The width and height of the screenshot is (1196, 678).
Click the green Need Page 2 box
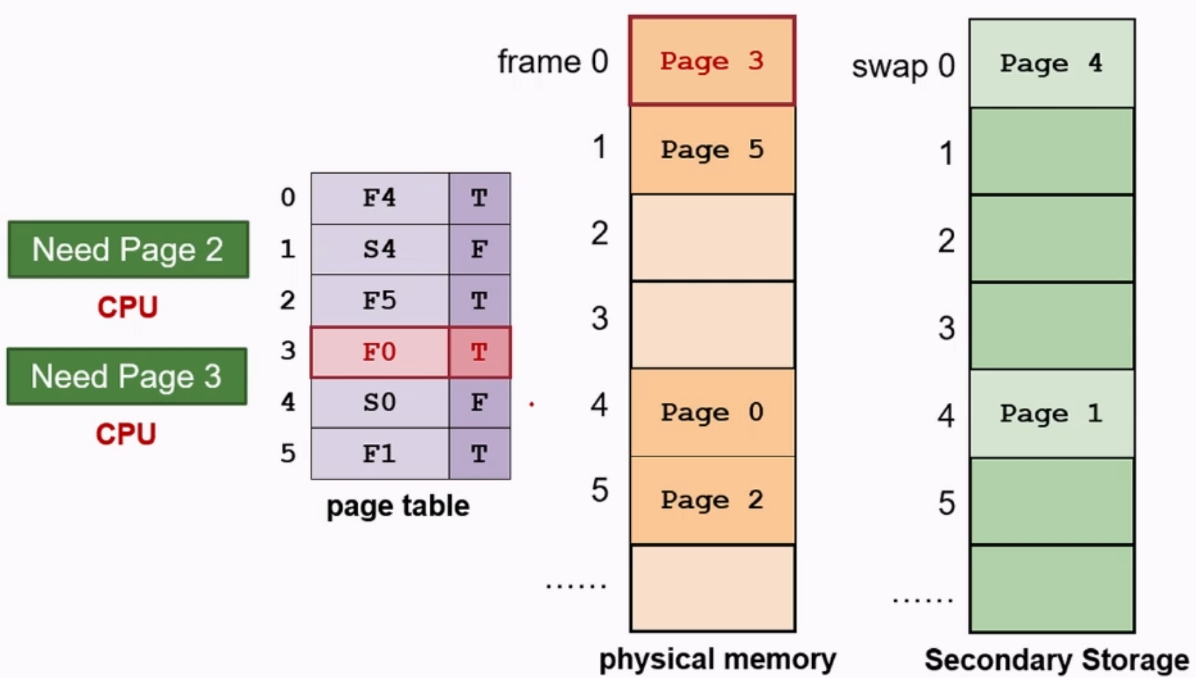[x=128, y=250]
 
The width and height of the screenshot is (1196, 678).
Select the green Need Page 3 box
[x=127, y=376]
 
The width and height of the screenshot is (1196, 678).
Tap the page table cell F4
[x=380, y=198]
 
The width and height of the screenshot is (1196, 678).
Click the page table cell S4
[x=380, y=249]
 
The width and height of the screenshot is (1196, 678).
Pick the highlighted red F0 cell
[x=380, y=352]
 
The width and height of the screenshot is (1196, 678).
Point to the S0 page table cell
[x=380, y=403]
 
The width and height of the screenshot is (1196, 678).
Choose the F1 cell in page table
[x=380, y=454]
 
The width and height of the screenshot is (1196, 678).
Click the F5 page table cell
[x=380, y=301]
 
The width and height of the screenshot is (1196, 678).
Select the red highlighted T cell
[x=479, y=352]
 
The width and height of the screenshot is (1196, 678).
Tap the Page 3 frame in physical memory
[x=712, y=61]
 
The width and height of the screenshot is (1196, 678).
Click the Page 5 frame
[x=712, y=150]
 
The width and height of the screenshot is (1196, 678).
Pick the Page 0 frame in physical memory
[x=712, y=413]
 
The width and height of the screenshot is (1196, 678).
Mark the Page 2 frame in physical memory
[x=712, y=500]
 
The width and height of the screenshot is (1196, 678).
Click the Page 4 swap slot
[x=1051, y=63]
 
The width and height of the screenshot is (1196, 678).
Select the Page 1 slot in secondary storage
[x=1051, y=414]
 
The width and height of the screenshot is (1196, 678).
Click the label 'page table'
[x=397, y=507]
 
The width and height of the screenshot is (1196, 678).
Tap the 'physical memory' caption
[x=717, y=660]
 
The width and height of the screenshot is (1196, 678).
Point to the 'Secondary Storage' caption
[x=1056, y=660]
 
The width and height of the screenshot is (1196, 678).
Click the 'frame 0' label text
[x=552, y=62]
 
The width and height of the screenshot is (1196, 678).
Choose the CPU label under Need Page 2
[x=128, y=308]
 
